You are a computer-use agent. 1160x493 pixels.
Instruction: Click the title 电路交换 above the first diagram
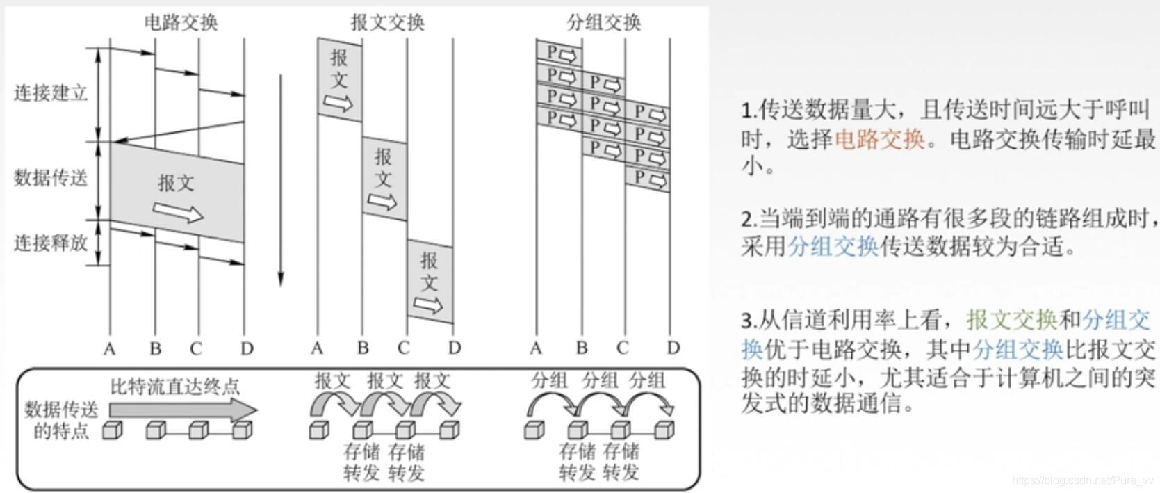[181, 22]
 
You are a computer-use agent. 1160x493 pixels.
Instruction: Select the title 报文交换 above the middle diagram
[387, 22]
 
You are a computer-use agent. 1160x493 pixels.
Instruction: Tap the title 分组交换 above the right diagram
[603, 22]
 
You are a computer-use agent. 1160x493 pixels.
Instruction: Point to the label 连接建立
[51, 92]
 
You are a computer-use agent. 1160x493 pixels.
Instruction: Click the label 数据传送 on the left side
[51, 178]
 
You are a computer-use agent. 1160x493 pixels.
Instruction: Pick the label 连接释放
[51, 243]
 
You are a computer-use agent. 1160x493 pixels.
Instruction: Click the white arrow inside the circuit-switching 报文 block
[178, 211]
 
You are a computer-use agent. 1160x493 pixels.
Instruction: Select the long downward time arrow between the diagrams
[281, 181]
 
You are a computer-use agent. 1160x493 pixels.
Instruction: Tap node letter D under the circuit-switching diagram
[247, 348]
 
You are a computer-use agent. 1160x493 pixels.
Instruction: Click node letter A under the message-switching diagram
[318, 348]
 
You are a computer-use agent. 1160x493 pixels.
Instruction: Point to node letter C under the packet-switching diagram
[622, 348]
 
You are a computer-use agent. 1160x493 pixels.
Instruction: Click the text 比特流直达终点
[175, 386]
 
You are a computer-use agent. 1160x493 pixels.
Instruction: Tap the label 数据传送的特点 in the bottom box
[61, 420]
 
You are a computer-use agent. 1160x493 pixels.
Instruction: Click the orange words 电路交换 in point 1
[879, 140]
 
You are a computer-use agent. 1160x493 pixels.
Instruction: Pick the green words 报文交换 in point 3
[1011, 320]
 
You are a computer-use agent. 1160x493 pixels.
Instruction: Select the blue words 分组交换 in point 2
[833, 246]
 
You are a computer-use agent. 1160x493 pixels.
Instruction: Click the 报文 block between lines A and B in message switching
[339, 79]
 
